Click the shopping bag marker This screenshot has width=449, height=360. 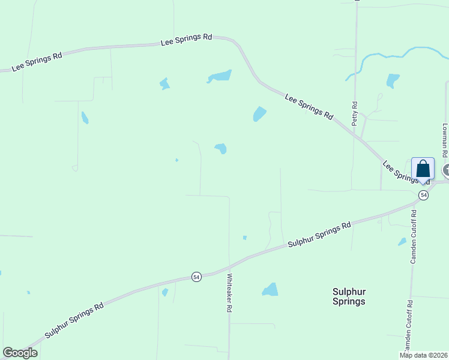[x=423, y=169]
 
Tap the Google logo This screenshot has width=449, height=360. [x=20, y=353]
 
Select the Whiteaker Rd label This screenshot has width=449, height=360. [x=229, y=293]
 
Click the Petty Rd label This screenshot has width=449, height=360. [x=355, y=112]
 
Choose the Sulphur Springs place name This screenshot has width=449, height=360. [x=349, y=296]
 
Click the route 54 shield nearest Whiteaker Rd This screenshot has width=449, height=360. [x=196, y=277]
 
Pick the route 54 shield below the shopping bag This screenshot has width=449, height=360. [x=424, y=196]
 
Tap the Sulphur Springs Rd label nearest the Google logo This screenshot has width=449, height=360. [x=74, y=322]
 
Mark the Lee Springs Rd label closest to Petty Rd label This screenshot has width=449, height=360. [x=309, y=106]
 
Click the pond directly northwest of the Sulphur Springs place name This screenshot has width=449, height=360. [x=270, y=290]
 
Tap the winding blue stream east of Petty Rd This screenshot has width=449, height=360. [x=384, y=56]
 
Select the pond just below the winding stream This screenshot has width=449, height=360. [x=393, y=80]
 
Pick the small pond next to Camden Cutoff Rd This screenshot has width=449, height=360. [x=402, y=242]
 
